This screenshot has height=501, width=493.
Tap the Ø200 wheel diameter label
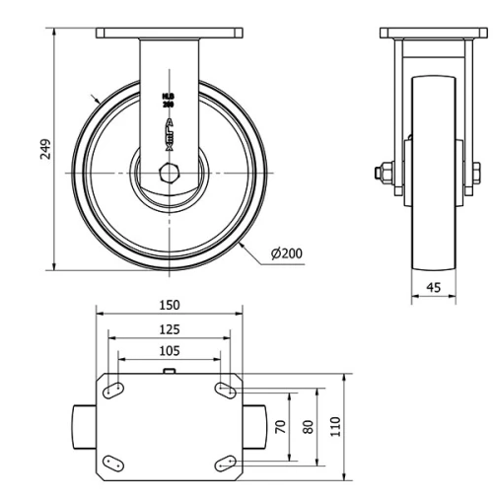click(x=286, y=253)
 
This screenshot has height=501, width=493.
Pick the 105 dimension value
click(x=170, y=351)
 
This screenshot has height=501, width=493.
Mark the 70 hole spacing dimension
click(x=281, y=426)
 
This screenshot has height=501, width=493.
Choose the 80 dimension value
click(x=309, y=426)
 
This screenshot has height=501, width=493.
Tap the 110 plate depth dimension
click(x=336, y=426)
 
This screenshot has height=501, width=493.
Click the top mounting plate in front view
click(x=170, y=34)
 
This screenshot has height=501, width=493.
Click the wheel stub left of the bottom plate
click(x=82, y=426)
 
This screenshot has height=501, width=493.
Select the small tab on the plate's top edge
click(x=170, y=372)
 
